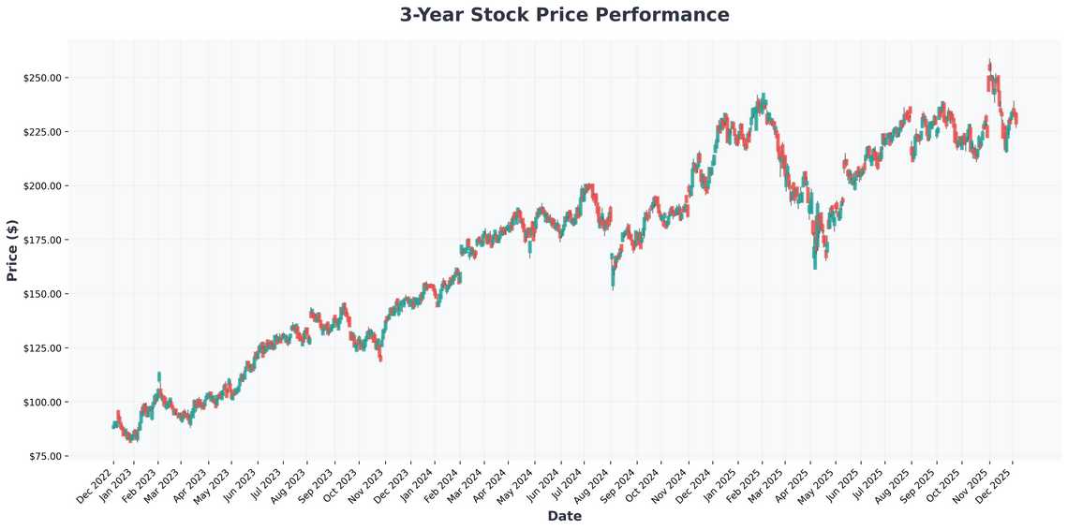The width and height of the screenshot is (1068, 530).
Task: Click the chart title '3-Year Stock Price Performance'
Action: coord(564,15)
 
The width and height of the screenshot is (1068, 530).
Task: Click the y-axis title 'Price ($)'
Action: coord(11,249)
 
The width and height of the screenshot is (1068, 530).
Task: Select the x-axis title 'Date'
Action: coord(564,516)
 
